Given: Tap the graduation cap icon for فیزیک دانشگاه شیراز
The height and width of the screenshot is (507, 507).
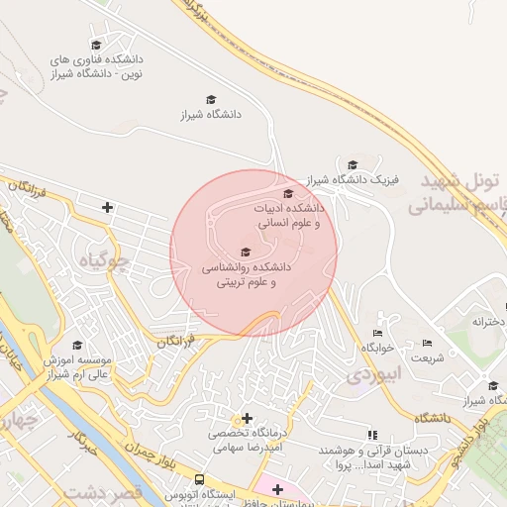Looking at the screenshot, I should pyautogui.click(x=353, y=164).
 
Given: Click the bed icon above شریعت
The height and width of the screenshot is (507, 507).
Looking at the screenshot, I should pyautogui.click(x=427, y=343).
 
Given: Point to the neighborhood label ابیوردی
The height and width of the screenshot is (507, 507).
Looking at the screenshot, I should pyautogui.click(x=370, y=376).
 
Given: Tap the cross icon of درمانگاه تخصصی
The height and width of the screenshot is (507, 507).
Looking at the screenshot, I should pyautogui.click(x=247, y=418).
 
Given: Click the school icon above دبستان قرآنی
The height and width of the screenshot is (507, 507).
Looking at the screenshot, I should pyautogui.click(x=371, y=434).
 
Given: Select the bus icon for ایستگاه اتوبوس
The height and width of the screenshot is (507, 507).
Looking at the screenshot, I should pyautogui.click(x=199, y=479).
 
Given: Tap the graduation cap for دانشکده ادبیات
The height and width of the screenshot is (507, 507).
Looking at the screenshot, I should pyautogui.click(x=288, y=193).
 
